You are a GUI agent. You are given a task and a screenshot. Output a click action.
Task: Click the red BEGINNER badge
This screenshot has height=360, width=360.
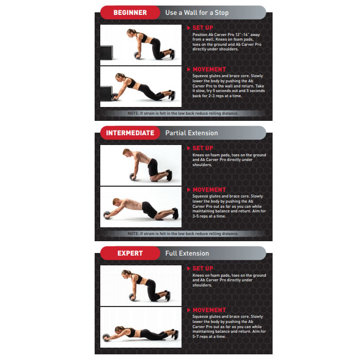[130, 13]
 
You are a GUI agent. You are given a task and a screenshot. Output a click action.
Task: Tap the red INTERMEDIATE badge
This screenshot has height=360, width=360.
[130, 133]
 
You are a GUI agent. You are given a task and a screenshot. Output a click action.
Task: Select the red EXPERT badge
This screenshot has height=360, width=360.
[130, 253]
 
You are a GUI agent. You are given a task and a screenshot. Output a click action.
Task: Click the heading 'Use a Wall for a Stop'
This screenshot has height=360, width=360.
[197, 13]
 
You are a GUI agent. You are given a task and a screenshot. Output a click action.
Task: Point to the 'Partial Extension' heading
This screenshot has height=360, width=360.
[191, 133]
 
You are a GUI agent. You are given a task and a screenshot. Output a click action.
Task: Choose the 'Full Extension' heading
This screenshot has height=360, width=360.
[187, 253]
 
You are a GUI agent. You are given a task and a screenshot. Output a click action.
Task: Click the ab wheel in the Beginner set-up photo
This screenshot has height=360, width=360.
[137, 56]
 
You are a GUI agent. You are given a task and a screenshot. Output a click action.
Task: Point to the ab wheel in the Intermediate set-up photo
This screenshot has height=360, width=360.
[134, 176]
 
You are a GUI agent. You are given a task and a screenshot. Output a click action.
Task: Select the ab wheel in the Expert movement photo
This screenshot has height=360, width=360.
[107, 336]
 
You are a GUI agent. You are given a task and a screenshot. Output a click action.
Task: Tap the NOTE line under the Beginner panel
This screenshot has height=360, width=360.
[183, 113]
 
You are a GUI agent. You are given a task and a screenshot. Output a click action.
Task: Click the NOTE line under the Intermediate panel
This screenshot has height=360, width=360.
[183, 233]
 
